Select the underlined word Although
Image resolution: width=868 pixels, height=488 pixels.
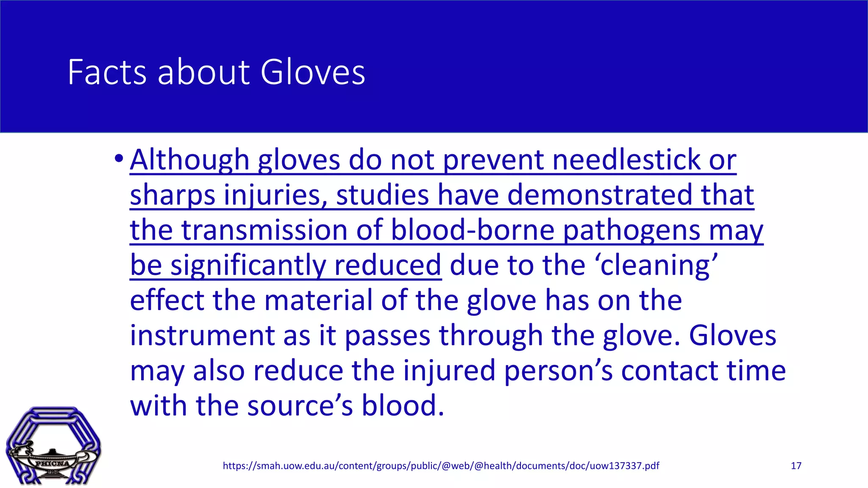click(189, 160)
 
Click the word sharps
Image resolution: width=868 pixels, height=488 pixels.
click(172, 195)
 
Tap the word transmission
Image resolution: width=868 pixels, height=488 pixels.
click(264, 230)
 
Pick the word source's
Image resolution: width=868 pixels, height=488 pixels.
click(300, 406)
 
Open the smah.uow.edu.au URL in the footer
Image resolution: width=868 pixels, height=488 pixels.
click(441, 466)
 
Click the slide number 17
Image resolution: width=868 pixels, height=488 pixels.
click(796, 466)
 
